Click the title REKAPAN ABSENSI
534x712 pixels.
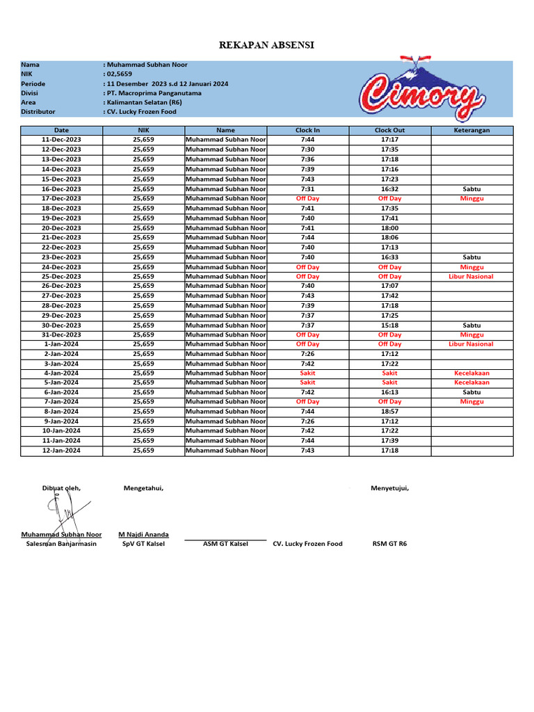(266, 45)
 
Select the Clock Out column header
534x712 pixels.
(389, 130)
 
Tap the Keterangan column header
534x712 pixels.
(471, 130)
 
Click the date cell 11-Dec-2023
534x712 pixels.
(61, 140)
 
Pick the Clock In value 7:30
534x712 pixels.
(307, 149)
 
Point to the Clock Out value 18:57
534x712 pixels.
(389, 412)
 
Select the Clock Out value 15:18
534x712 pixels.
(389, 325)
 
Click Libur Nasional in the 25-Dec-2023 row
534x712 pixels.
(471, 276)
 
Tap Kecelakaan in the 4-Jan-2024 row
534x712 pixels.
(471, 373)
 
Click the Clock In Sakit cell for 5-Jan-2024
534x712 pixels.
(307, 382)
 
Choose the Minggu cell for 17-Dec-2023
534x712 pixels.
(471, 198)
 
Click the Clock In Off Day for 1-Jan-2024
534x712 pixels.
(307, 343)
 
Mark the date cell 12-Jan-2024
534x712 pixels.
(61, 451)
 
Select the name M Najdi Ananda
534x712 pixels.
(143, 535)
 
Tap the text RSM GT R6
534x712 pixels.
(389, 544)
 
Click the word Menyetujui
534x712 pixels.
(389, 488)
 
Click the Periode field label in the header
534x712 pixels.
(33, 83)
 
